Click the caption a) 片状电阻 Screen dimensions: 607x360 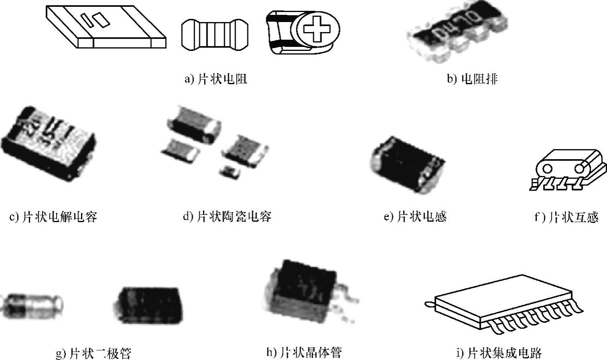[x=215, y=79]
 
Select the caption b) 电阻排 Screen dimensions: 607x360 [x=472, y=79]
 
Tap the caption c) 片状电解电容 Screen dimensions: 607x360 [x=53, y=217]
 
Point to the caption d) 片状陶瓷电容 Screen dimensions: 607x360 [x=227, y=217]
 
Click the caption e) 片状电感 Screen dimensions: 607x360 [x=415, y=217]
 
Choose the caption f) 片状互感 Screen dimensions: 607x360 [x=566, y=217]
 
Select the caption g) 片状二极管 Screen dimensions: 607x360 [x=93, y=354]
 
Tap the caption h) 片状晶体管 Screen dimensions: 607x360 [x=304, y=352]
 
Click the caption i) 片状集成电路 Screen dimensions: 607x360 [x=499, y=353]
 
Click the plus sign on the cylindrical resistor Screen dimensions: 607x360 [x=315, y=28]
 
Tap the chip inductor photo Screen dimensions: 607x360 [x=406, y=163]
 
